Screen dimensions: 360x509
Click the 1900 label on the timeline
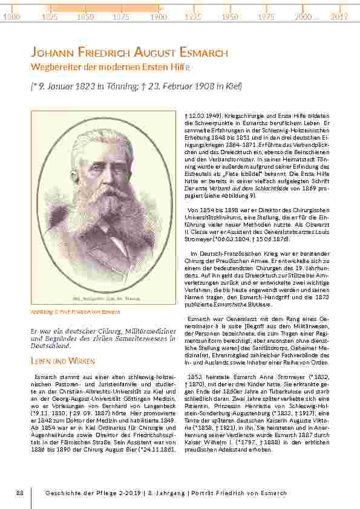pos(159,18)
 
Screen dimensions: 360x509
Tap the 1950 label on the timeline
pos(229,18)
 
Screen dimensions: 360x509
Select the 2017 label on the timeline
pos(339,18)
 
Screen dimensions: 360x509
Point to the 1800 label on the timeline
pos(12,18)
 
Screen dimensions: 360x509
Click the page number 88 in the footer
pos(20,494)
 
